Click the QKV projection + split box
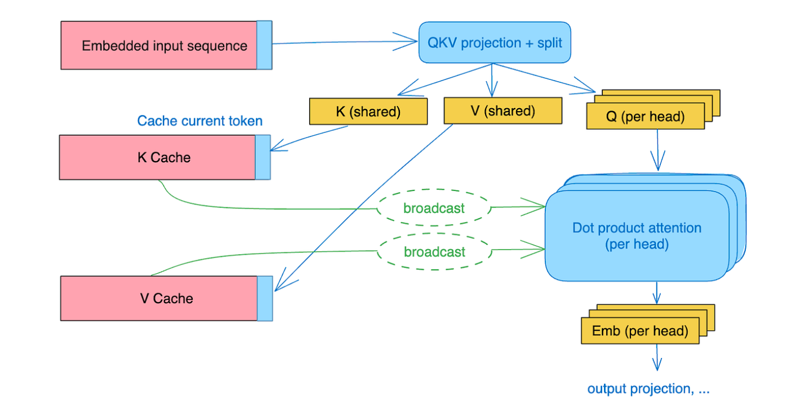tap(495, 43)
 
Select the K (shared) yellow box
tap(368, 111)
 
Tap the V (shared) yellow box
tap(503, 110)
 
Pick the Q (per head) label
tap(646, 117)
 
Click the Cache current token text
tap(200, 121)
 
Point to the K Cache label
tap(164, 157)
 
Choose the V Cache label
tap(166, 299)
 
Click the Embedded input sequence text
tap(164, 46)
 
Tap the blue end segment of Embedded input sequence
tap(264, 45)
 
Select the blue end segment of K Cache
tap(263, 157)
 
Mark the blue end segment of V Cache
tap(265, 299)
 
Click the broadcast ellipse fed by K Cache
tap(434, 207)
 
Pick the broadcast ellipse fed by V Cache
tap(434, 252)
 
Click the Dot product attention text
tap(637, 228)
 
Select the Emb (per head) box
tap(640, 331)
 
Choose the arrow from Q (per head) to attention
tap(658, 150)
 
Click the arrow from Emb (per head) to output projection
tap(657, 357)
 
